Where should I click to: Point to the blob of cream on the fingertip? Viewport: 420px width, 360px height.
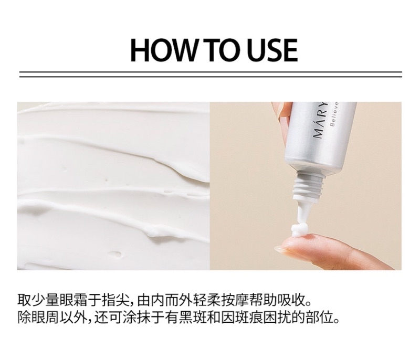[x=299, y=230]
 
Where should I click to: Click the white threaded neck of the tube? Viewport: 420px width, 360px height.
[x=309, y=185]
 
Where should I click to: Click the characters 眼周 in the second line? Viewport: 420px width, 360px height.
[x=45, y=317]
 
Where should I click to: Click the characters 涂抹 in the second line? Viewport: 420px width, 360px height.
[x=136, y=317]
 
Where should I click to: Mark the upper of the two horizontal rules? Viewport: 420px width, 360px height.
[x=211, y=72]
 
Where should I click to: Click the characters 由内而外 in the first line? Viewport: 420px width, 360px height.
[x=164, y=300]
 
